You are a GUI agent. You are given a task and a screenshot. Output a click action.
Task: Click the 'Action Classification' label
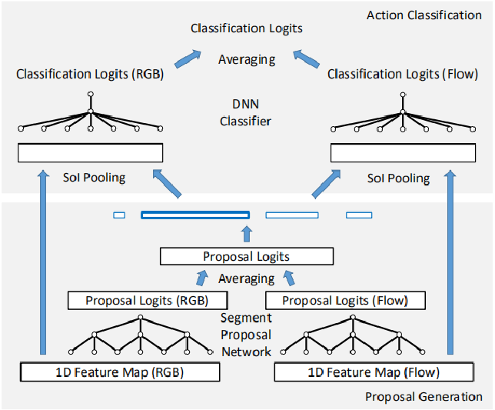click(424, 15)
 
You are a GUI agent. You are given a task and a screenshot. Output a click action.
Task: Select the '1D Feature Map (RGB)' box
click(120, 373)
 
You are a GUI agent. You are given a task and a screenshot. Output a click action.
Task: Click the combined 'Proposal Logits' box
click(246, 257)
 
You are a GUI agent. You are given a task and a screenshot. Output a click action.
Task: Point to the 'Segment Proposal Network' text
click(247, 335)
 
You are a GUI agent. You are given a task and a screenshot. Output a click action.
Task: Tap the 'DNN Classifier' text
click(247, 114)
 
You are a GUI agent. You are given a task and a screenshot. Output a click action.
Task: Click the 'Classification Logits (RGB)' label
click(91, 75)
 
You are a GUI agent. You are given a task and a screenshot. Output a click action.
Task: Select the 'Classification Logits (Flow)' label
click(403, 75)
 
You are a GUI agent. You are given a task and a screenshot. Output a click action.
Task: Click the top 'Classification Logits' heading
click(247, 28)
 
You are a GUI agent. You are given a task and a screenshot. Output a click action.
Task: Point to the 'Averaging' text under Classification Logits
click(247, 58)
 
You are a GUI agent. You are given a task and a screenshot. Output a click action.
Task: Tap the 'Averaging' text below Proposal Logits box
click(246, 278)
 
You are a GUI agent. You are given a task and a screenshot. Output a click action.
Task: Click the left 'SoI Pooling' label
click(94, 178)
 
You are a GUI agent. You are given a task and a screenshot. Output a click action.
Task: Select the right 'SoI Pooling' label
click(398, 178)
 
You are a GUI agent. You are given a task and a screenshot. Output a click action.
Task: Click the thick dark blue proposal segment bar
click(195, 215)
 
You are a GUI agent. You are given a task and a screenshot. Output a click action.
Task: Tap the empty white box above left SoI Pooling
click(90, 153)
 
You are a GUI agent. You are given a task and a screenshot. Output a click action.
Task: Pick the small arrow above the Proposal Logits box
click(246, 234)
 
